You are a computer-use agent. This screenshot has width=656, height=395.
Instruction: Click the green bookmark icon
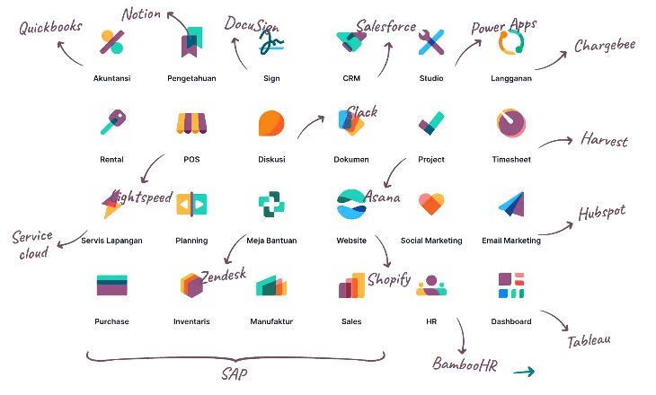click(x=191, y=41)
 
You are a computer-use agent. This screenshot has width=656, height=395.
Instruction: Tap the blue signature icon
click(x=270, y=41)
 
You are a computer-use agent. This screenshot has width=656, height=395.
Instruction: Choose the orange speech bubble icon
click(x=270, y=124)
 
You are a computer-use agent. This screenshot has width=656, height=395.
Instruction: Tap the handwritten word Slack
click(x=365, y=112)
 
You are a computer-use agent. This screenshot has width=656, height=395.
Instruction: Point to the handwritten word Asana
click(x=383, y=194)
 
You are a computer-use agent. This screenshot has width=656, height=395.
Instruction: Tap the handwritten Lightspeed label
click(x=142, y=197)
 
